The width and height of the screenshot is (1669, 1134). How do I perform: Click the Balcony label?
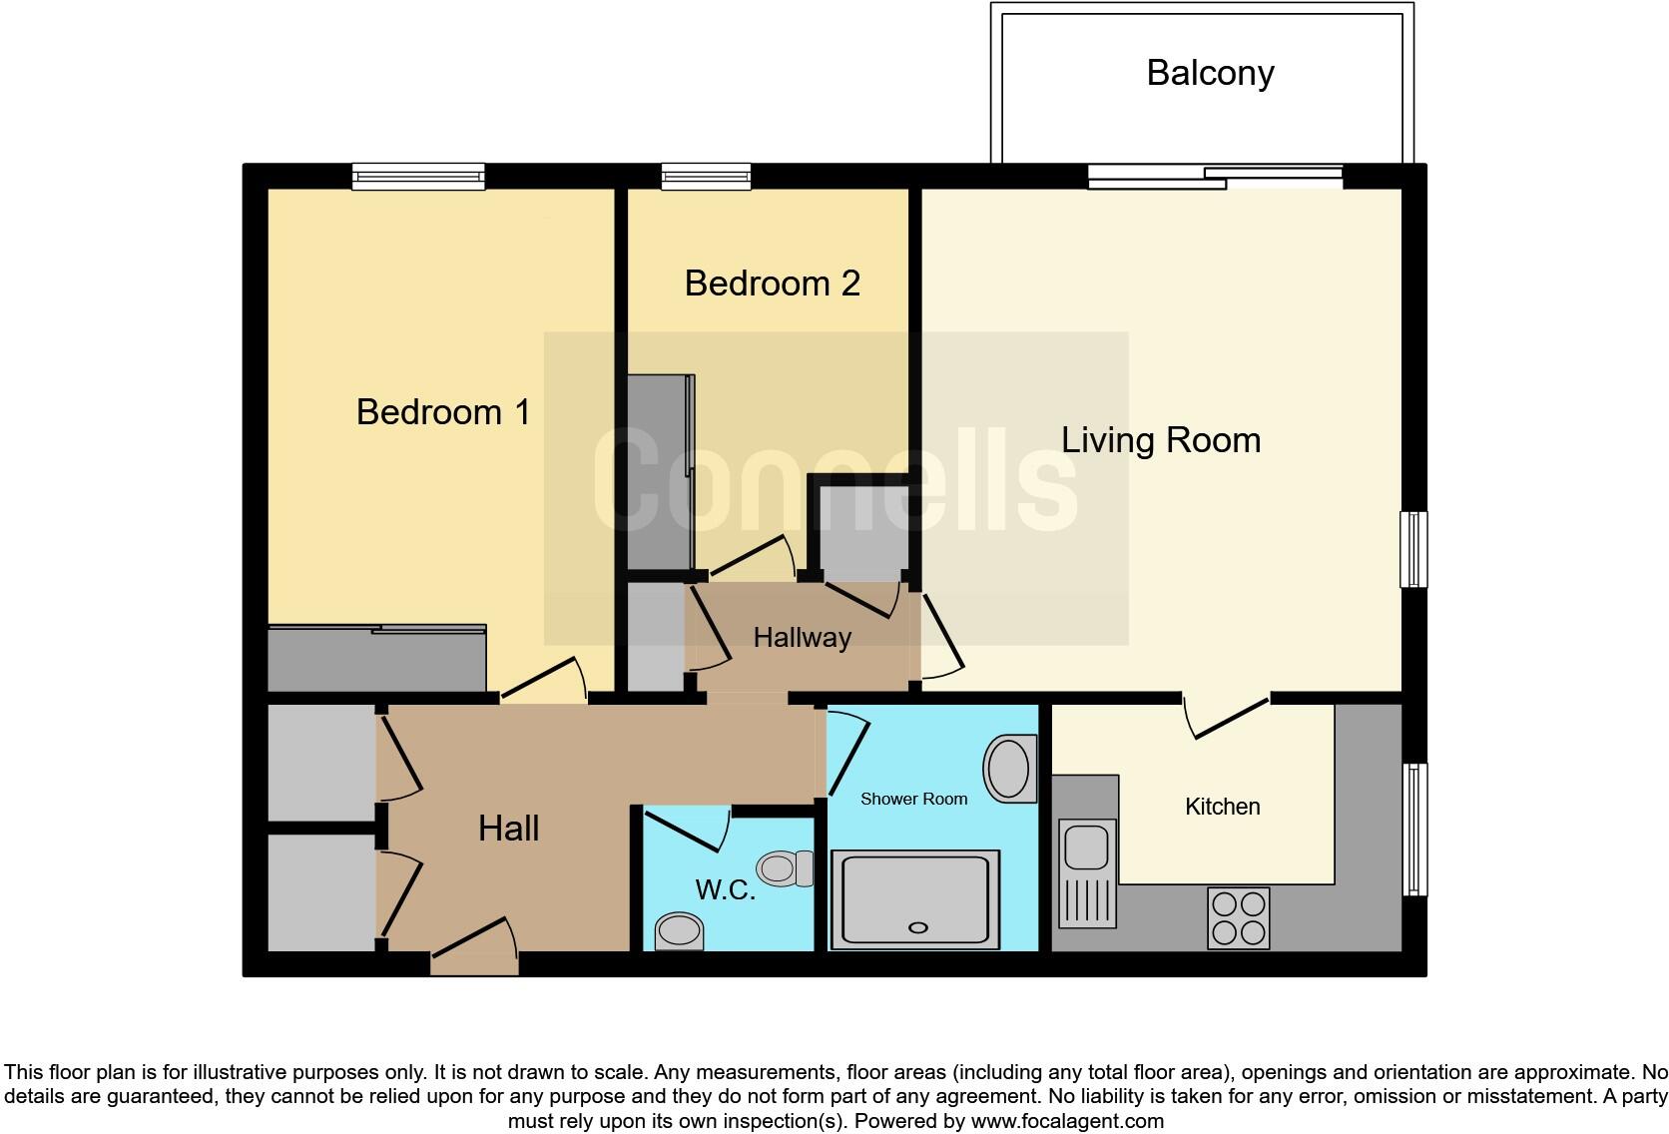point(1210,74)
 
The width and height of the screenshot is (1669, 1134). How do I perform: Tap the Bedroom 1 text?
point(443,412)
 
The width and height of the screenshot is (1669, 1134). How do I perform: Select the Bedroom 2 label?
point(772,283)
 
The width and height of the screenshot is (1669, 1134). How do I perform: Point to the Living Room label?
point(1160,440)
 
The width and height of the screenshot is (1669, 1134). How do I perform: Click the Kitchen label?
point(1222,807)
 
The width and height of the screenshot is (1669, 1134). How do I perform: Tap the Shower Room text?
point(913,799)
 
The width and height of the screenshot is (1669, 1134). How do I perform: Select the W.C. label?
point(725,889)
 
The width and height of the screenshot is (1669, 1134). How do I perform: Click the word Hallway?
point(802,638)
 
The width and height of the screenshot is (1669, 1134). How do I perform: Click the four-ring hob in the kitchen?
point(1238,918)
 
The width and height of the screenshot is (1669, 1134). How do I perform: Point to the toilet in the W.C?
point(784,868)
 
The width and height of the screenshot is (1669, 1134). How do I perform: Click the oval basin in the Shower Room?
point(1009,769)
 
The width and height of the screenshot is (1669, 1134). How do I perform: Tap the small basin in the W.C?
point(679,932)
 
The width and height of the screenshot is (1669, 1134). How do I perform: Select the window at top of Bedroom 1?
point(418,177)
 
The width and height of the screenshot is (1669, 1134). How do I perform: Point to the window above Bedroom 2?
point(706,177)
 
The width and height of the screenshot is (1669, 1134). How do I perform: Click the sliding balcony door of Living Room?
point(1215,177)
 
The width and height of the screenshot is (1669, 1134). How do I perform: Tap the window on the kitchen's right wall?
point(1414,829)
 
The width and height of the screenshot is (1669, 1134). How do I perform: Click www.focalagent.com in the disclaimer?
point(1067,1121)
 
